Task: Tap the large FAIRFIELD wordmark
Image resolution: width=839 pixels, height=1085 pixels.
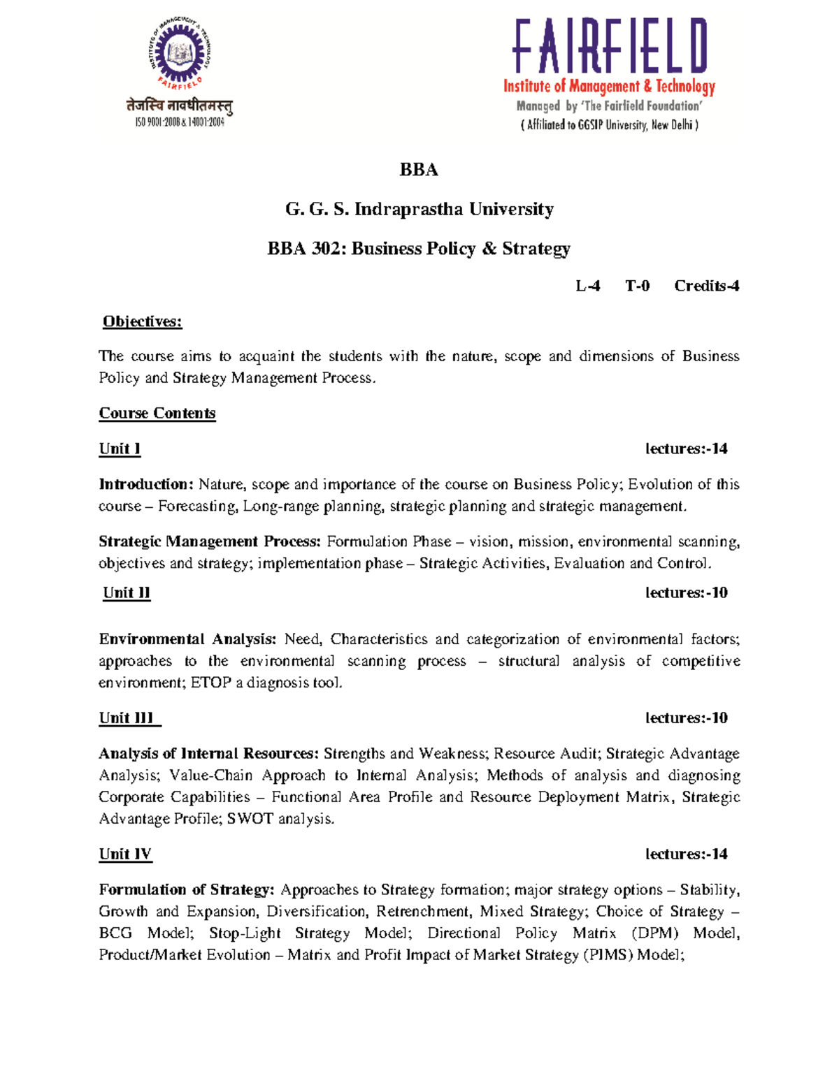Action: point(610,46)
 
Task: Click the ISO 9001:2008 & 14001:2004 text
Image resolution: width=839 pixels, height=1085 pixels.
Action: point(180,122)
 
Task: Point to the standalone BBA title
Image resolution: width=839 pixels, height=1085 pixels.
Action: point(419,170)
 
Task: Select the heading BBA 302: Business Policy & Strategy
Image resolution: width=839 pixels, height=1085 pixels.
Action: point(419,249)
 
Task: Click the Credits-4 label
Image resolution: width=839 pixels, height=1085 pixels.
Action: point(706,286)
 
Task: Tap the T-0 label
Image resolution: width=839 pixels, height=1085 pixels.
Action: point(637,286)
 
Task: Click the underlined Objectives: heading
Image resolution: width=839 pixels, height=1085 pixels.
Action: point(142,321)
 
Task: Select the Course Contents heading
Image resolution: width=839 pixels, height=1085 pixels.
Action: point(157,413)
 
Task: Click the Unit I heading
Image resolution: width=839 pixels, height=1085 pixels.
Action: point(120,449)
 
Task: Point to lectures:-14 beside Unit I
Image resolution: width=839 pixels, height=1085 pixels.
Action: point(686,449)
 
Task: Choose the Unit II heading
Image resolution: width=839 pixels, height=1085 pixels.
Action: point(127,592)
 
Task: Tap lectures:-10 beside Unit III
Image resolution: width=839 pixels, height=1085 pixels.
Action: point(686,718)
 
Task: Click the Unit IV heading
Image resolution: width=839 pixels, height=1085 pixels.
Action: point(125,854)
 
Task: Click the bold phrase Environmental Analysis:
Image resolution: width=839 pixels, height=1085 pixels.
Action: point(187,639)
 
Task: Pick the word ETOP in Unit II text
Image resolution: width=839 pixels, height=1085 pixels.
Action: point(210,683)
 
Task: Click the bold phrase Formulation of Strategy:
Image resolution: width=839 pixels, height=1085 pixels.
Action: point(187,889)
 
